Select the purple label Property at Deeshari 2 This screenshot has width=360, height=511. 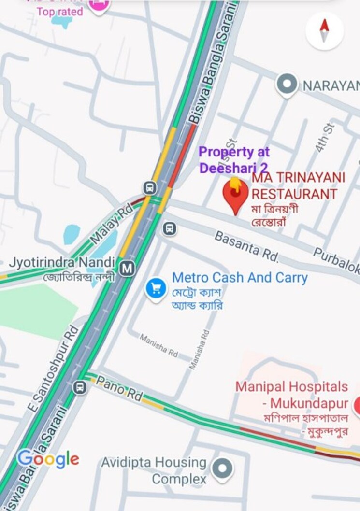coord(234,160)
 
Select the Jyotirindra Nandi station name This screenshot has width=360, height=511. coord(62,264)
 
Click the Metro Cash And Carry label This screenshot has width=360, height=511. coord(240,278)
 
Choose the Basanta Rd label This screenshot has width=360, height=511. coord(246,246)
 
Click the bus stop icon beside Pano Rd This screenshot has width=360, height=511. coord(80,387)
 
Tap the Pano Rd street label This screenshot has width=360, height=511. coord(119,389)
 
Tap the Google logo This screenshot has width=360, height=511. coord(48,459)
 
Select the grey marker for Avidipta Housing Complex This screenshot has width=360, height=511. coord(222,468)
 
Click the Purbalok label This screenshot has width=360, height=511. coord(336,260)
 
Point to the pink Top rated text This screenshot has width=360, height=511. coord(60,12)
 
